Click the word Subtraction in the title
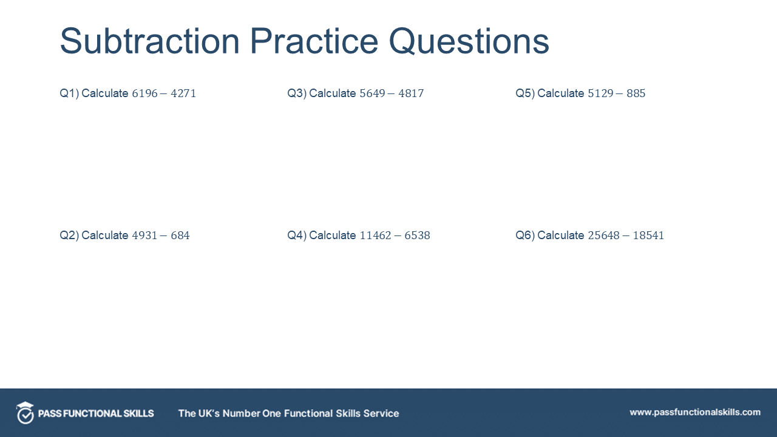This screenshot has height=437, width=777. (150, 41)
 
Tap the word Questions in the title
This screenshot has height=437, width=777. (469, 41)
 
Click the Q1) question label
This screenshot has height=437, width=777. (69, 93)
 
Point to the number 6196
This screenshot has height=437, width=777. (145, 93)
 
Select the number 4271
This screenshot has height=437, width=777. (183, 93)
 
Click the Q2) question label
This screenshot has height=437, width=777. (69, 235)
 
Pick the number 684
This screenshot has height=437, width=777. (180, 235)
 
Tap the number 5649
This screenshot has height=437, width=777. (373, 93)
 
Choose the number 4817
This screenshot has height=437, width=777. (411, 93)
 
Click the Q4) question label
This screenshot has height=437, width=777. (297, 235)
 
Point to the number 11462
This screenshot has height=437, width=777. (376, 235)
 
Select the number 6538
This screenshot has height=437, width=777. (417, 235)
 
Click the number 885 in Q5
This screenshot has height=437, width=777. (636, 93)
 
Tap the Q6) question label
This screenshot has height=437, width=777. (525, 235)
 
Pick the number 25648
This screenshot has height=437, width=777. (604, 235)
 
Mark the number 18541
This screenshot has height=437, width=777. (648, 235)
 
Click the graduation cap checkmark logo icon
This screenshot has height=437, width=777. (25, 413)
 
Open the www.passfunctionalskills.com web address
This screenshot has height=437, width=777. (695, 412)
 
